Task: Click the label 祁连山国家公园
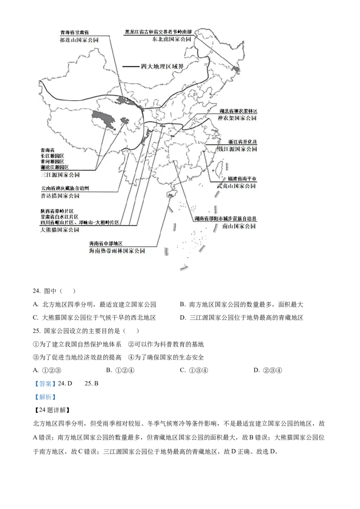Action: point(79,40)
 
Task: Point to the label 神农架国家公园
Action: point(237,118)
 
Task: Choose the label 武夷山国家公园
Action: point(236,186)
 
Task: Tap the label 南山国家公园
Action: point(239,226)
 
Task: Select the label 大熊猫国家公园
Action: point(59,229)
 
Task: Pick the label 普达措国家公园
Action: point(60,196)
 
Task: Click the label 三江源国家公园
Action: point(60,175)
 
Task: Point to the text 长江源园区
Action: point(52,156)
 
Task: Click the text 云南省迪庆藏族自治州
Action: point(65,188)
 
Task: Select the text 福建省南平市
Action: point(242,179)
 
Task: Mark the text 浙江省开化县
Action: point(242,142)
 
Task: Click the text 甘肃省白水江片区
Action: point(59,217)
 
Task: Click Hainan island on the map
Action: point(171,193)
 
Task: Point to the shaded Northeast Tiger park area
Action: point(236,70)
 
